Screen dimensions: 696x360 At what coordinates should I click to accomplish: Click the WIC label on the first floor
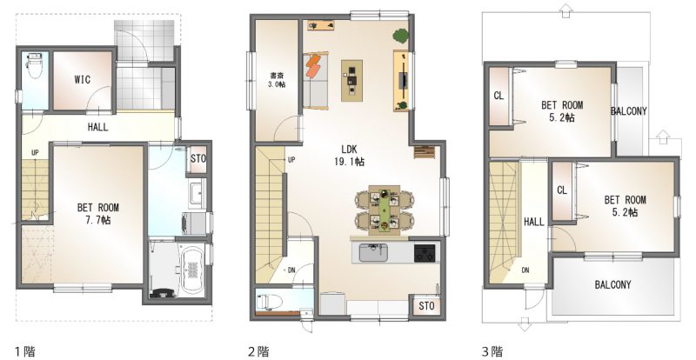coord(82,80)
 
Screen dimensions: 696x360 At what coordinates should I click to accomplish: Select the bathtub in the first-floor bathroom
coord(192,270)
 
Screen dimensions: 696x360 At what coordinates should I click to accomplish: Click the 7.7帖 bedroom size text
coord(99,220)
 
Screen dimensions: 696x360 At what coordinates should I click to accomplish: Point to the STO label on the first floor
coord(198,158)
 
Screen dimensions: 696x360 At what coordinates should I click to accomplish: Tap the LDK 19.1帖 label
coord(350,156)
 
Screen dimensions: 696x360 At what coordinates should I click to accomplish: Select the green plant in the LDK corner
coord(401,36)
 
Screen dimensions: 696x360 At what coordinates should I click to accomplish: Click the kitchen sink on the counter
coord(373,253)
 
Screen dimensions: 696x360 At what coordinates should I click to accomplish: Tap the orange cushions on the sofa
coord(313,65)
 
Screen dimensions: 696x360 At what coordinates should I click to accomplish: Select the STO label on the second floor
coord(426,305)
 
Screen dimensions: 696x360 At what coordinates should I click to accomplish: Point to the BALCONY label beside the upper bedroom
coord(628,111)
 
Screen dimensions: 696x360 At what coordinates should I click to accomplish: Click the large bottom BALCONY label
coord(612,284)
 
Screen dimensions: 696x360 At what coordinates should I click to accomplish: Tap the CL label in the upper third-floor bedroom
coord(499,96)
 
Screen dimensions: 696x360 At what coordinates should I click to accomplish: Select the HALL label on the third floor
coord(533,222)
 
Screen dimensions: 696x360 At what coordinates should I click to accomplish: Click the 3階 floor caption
coord(492,352)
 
